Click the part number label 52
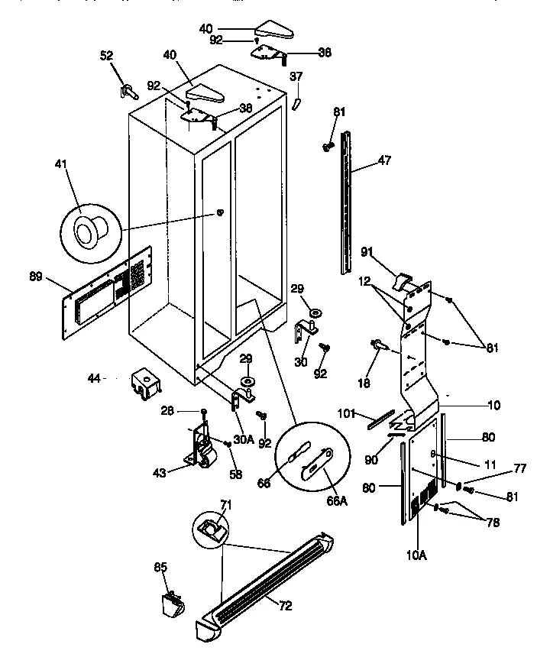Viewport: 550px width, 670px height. (107, 55)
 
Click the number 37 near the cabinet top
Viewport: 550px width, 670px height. (296, 76)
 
